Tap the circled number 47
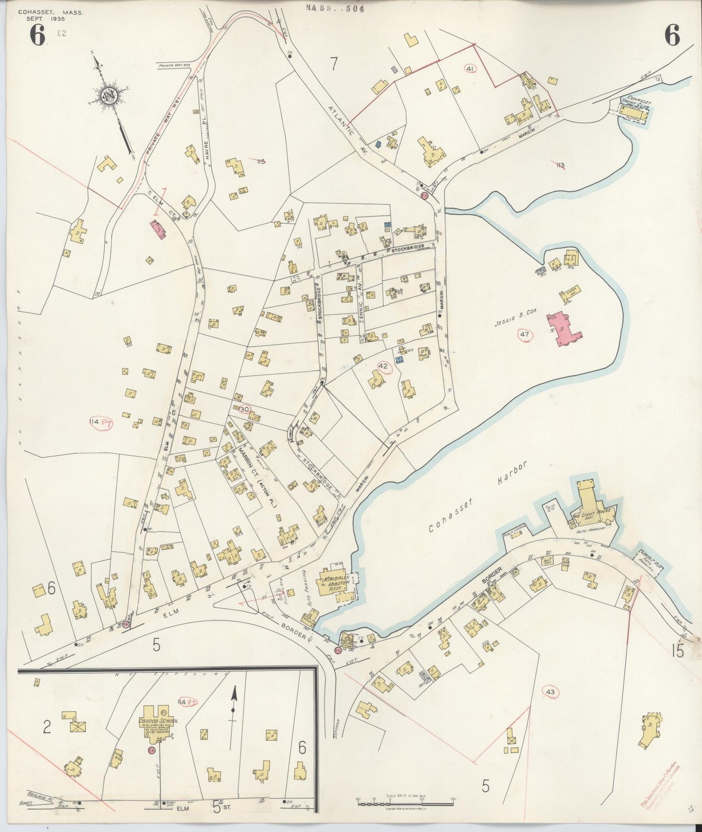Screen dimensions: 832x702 [x=524, y=334]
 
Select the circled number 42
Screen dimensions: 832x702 [x=383, y=367]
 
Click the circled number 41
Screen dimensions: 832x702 [x=470, y=69]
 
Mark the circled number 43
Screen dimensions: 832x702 [x=550, y=691]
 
